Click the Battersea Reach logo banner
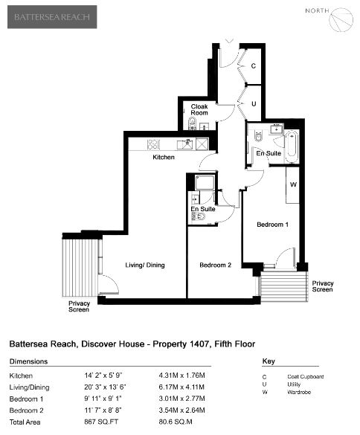click(x=52, y=17)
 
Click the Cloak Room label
click(x=199, y=109)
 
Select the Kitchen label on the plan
click(x=164, y=158)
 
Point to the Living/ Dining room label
click(x=145, y=265)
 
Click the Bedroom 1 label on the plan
click(x=272, y=225)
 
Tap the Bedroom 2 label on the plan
click(x=216, y=265)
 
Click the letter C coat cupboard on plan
click(x=253, y=66)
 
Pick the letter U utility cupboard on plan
click(x=254, y=104)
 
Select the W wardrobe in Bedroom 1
click(x=293, y=184)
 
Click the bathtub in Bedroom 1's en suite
click(x=292, y=147)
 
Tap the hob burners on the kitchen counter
click(x=153, y=144)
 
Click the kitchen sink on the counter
click(x=185, y=144)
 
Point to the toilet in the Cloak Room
click(x=192, y=123)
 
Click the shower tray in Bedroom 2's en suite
click(x=205, y=182)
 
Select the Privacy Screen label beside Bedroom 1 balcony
click(x=323, y=286)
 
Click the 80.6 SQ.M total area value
click(x=176, y=422)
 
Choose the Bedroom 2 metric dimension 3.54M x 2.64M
click(x=181, y=410)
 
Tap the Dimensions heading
click(x=28, y=361)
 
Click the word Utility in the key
click(x=294, y=384)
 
